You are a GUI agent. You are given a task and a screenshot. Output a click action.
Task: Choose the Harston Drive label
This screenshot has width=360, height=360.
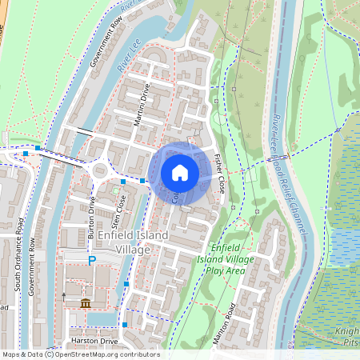94,342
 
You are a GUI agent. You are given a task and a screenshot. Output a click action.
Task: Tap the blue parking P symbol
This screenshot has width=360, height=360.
92,260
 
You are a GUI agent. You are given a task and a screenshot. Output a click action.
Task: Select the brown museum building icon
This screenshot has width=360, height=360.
86,302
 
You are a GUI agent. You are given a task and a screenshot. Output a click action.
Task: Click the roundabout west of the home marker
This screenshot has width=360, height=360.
102,170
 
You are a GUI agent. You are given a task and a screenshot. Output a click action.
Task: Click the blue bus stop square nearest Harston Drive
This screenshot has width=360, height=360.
125,324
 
